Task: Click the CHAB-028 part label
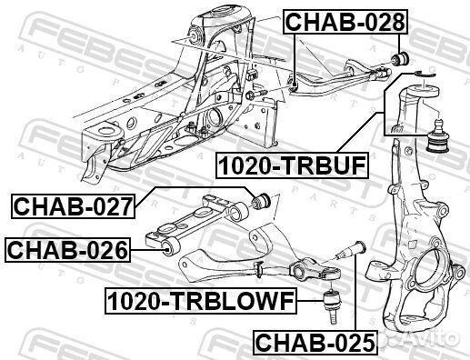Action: click(345, 22)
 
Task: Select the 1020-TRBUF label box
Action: click(292, 165)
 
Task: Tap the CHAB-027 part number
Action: click(73, 206)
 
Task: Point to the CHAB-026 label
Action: click(67, 250)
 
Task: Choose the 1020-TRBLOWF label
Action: click(201, 301)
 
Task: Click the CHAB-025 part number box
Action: click(315, 342)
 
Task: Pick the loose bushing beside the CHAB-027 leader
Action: click(261, 199)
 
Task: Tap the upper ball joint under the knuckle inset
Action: click(437, 136)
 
